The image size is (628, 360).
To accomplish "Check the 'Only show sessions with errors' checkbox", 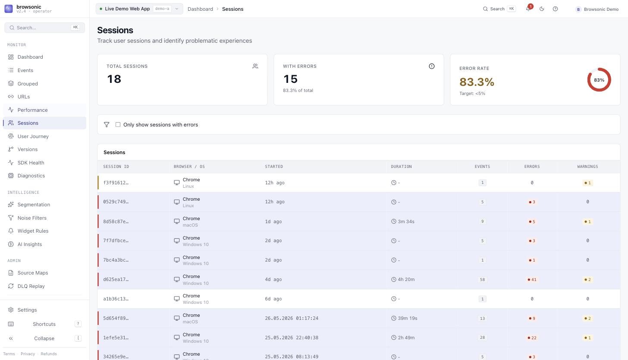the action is (x=118, y=125).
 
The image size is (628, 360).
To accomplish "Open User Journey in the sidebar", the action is (x=33, y=136).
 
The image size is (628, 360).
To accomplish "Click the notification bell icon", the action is (x=528, y=9).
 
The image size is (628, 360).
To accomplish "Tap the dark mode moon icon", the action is (x=542, y=9).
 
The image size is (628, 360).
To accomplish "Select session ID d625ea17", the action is (x=116, y=279).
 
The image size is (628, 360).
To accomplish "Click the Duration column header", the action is (x=401, y=167).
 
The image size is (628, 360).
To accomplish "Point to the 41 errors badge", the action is (x=532, y=280).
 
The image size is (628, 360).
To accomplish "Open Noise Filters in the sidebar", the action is (x=32, y=218).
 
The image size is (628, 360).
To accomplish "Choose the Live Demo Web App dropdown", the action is (x=139, y=9).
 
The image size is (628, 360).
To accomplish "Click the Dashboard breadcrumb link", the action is (x=200, y=9).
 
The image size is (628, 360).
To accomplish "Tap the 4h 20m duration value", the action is (x=406, y=279).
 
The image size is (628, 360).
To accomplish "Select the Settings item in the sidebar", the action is (x=27, y=310).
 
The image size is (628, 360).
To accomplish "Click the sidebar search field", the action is (x=44, y=28).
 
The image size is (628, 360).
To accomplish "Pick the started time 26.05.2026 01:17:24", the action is (x=292, y=318).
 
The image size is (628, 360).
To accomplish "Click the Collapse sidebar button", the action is (x=44, y=338).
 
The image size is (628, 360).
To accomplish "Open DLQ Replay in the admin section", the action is (x=31, y=286).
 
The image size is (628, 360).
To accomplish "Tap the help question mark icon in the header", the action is (x=555, y=9).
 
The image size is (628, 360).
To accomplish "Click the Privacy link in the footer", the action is (x=28, y=354).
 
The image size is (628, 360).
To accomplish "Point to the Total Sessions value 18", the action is (x=114, y=79).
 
